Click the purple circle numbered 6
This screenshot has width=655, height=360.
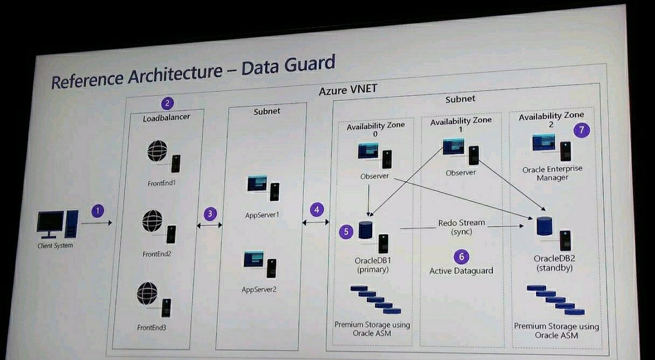[461, 257]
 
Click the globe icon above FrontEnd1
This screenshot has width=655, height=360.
[157, 151]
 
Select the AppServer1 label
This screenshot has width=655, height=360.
[262, 215]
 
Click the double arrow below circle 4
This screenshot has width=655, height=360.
[316, 223]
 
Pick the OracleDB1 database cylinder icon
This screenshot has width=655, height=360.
[365, 230]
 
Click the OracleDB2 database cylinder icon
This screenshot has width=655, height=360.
[544, 226]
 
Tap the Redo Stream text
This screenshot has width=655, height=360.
[461, 223]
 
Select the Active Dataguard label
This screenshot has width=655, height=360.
[461, 271]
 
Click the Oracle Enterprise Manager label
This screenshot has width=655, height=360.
[552, 173]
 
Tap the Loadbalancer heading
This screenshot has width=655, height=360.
[166, 117]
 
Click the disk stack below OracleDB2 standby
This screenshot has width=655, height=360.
[556, 300]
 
